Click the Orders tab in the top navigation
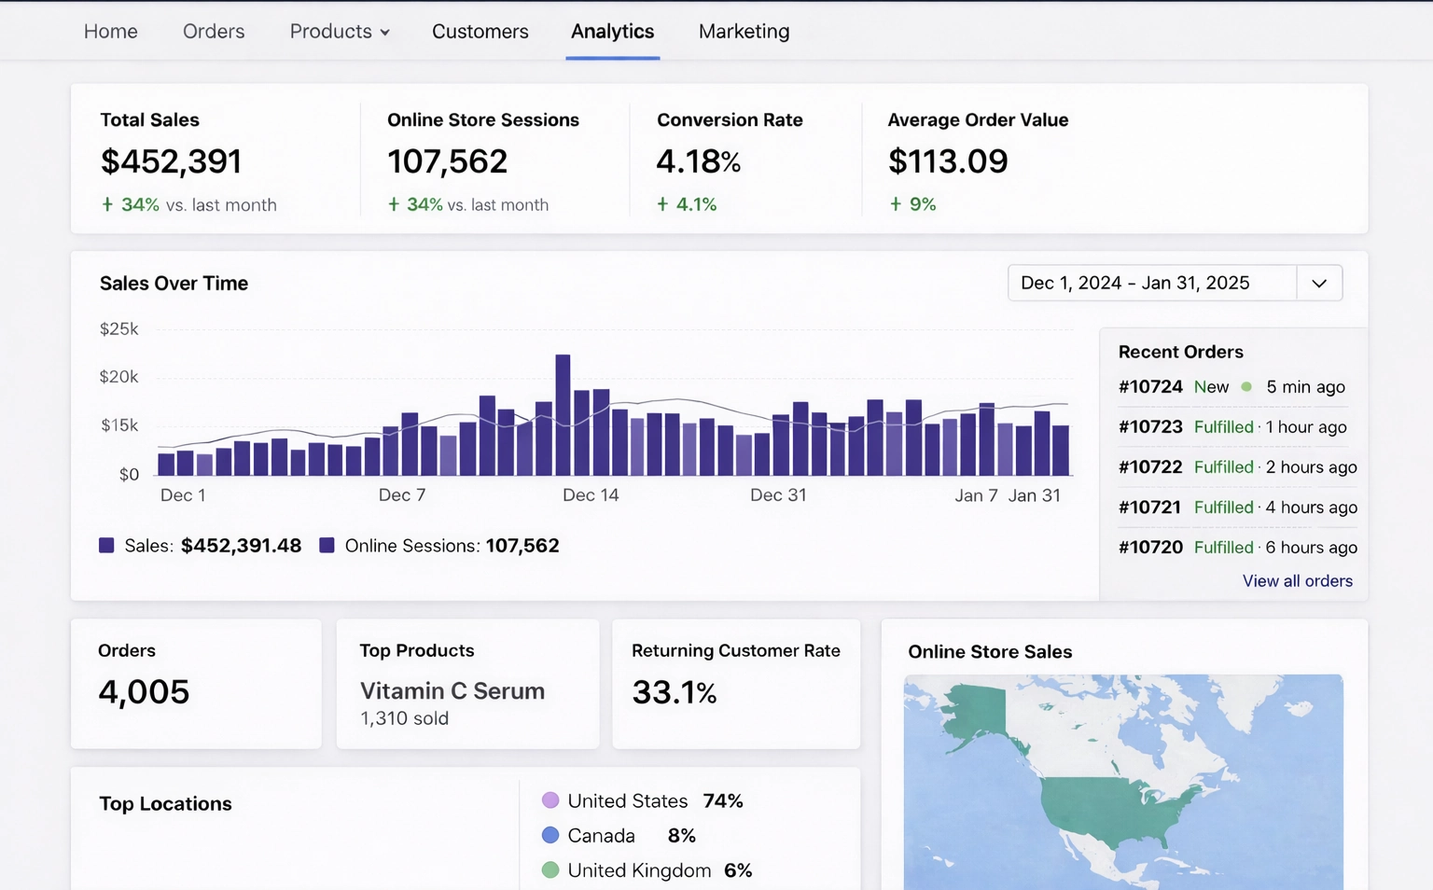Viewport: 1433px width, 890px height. tap(214, 32)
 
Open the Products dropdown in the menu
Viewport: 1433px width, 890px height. tap(340, 32)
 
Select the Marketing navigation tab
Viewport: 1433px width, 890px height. tap(744, 32)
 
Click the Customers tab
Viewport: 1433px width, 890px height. tap(480, 32)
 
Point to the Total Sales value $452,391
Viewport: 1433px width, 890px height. tap(171, 161)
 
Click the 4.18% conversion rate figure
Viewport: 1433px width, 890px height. tap(698, 161)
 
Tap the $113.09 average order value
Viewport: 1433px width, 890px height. tap(947, 161)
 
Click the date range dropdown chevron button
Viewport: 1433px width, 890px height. tap(1318, 284)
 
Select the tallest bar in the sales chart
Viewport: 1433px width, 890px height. tap(563, 415)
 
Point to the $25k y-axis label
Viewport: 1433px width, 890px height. tap(118, 329)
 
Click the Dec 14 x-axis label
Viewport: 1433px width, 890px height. tap(590, 495)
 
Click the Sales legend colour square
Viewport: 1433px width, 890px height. tap(106, 546)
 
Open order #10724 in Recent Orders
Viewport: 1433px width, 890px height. tap(1150, 387)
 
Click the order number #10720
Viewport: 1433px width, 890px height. tap(1150, 548)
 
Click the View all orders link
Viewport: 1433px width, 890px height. tap(1297, 581)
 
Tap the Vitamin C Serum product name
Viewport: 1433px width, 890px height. tap(452, 691)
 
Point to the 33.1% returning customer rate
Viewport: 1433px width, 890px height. tap(674, 692)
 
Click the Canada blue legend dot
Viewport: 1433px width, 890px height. tap(550, 836)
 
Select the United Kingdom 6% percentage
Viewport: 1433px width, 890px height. tap(738, 870)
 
